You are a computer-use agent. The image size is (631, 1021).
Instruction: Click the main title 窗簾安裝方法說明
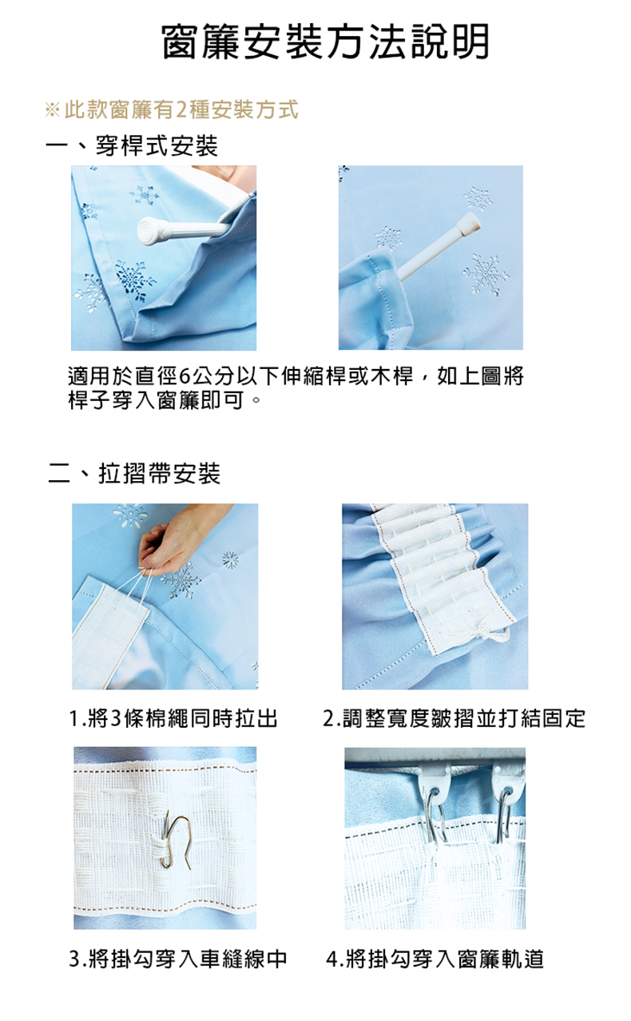(325, 42)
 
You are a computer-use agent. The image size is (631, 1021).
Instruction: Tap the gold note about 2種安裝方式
(172, 109)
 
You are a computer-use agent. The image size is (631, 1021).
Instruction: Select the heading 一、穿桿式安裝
(132, 146)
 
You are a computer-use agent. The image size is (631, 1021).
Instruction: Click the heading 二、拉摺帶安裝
(134, 473)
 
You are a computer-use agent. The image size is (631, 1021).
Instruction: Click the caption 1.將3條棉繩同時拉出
(173, 719)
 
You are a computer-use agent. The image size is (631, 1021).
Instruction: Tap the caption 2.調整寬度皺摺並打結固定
(454, 719)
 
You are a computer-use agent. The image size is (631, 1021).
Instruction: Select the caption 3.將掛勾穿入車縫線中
(178, 959)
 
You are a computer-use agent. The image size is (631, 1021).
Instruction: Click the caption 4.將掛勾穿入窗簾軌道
(435, 959)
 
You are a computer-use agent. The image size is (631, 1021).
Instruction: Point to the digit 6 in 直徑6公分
(185, 376)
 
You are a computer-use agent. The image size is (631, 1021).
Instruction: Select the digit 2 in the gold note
(181, 109)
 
